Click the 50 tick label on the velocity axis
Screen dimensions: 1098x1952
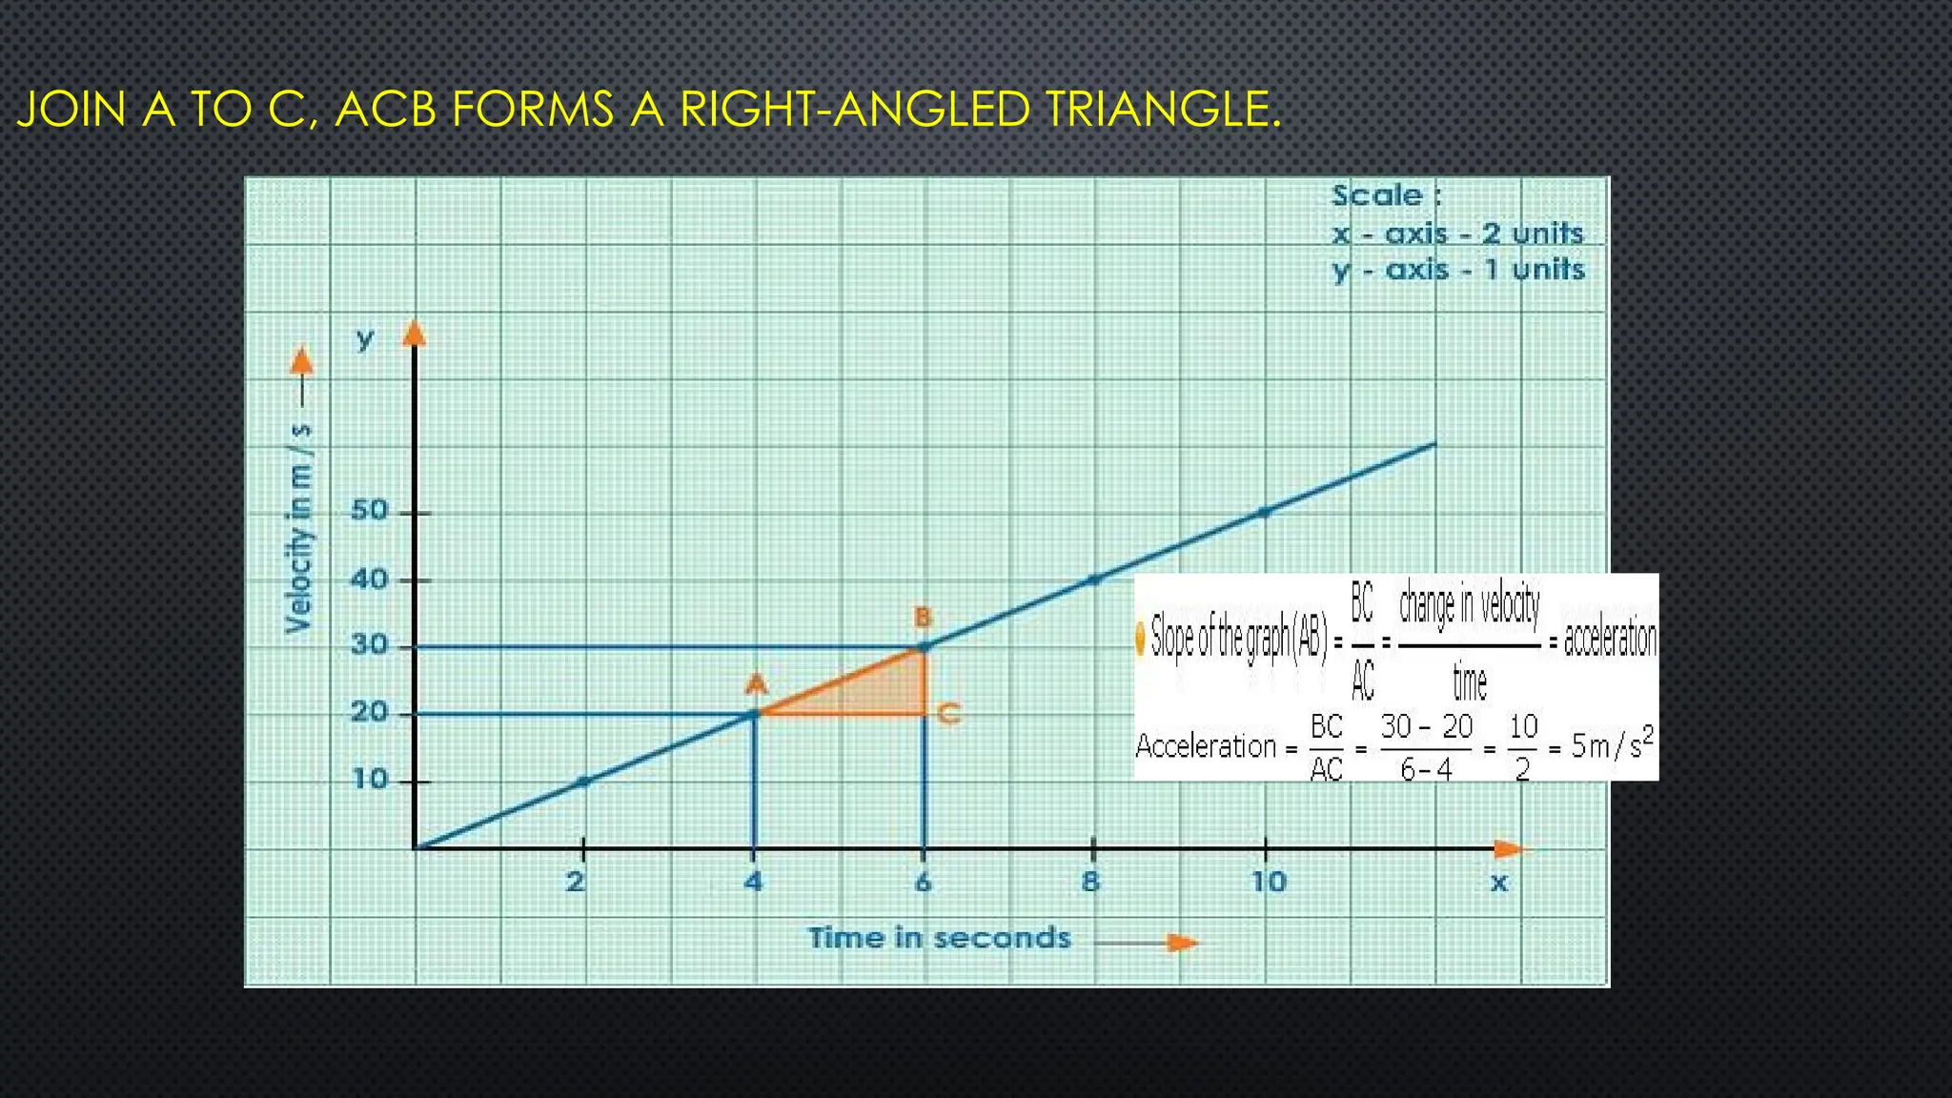tap(370, 511)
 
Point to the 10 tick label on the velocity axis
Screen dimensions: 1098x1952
tap(370, 780)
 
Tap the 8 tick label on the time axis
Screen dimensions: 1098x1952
tap(1091, 882)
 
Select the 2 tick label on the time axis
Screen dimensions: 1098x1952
tap(575, 882)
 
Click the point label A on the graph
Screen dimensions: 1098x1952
tap(756, 684)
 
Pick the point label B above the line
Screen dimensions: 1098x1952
tap(923, 618)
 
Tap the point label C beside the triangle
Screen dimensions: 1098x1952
tap(948, 713)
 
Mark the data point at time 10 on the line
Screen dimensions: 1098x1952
tap(1265, 512)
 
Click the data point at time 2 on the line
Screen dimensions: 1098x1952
tap(584, 782)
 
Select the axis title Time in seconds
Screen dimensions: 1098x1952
tap(939, 938)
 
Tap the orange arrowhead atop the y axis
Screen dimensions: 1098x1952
tap(414, 333)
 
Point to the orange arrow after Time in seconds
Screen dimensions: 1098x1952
tap(1181, 943)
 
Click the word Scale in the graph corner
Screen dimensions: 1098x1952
tap(1377, 195)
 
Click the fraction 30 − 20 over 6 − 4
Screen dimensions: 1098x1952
tap(1427, 747)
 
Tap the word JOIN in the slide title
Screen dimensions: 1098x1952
tap(71, 110)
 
